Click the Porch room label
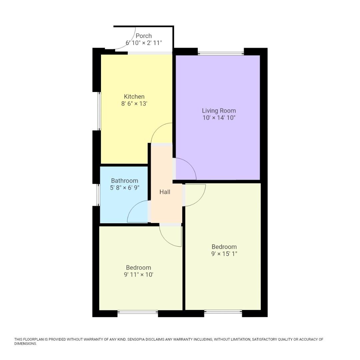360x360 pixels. coord(144,36)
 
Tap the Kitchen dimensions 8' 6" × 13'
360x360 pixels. coord(134,104)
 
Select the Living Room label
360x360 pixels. coord(219,110)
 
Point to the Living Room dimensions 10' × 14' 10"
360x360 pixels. coord(219,118)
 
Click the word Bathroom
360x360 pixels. coord(124,180)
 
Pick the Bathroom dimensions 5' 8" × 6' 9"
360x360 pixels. coord(125,188)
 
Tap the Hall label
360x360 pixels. coord(165,192)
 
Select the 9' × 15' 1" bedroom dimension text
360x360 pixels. coord(224,254)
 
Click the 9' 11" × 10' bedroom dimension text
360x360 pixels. coord(138,274)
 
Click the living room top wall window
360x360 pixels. coord(221,54)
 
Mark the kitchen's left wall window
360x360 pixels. coord(99,111)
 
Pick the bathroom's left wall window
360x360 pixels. coord(98,195)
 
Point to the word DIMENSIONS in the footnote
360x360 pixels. coord(25,344)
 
